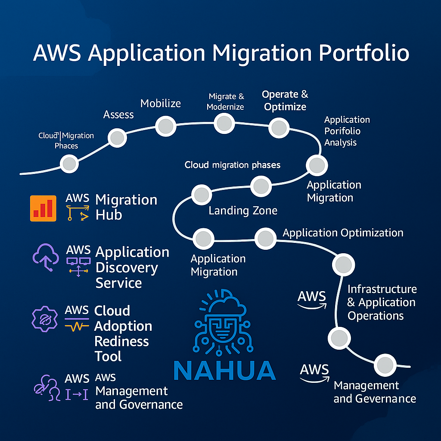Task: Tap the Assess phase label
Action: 118,114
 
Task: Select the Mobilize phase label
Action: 161,103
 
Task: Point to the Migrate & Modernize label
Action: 226,102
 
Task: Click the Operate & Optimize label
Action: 285,100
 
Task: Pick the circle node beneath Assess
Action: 117,138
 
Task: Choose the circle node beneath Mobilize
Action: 165,127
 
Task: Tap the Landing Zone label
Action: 243,211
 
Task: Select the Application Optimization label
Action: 343,233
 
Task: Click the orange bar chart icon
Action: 43,208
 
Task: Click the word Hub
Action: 109,215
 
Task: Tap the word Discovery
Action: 127,267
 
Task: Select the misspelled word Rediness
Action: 121,342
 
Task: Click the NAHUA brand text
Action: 224,371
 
